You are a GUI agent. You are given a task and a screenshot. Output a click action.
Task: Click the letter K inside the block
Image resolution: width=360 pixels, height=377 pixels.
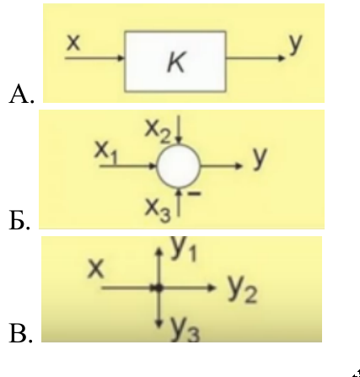(176, 62)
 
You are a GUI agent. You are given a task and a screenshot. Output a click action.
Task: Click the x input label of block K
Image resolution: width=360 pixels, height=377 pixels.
(73, 43)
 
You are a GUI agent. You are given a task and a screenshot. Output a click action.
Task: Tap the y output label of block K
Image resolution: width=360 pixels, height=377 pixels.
(295, 45)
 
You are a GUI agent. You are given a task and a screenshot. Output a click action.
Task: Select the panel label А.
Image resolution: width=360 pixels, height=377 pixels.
(21, 94)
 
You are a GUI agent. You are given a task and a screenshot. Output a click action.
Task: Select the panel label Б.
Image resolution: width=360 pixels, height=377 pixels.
(19, 221)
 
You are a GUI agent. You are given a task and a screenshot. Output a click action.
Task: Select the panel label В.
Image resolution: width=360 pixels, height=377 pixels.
(21, 333)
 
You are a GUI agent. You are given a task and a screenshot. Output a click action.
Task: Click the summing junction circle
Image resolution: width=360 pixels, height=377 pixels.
(179, 166)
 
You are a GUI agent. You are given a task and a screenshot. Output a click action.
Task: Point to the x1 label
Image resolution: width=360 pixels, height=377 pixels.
(106, 152)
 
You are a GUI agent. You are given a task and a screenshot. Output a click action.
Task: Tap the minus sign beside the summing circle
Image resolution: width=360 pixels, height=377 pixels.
(194, 193)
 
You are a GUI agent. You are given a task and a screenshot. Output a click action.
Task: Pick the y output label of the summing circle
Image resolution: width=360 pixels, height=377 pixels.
(260, 158)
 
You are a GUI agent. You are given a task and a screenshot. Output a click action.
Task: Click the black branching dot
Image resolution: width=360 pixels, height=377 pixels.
(159, 288)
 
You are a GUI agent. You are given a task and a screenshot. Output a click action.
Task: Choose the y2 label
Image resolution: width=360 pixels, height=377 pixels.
(242, 289)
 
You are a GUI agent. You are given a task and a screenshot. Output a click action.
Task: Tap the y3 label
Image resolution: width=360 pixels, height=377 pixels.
(185, 331)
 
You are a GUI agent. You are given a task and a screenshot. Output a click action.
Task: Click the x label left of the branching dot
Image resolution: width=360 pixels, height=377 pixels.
(96, 270)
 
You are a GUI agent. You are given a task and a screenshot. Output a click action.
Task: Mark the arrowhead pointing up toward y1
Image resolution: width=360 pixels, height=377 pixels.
(159, 251)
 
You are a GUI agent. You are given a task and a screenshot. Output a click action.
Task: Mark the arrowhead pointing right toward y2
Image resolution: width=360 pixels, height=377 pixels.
(212, 288)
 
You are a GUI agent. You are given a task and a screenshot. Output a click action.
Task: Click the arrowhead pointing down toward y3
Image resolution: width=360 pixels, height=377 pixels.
(159, 324)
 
